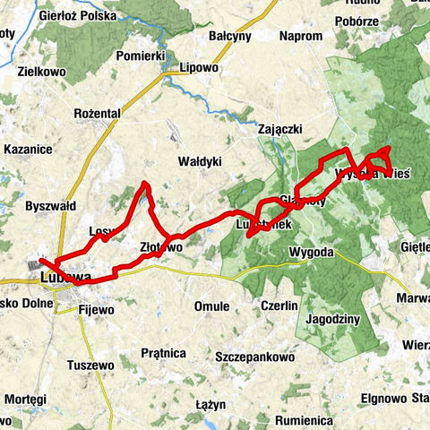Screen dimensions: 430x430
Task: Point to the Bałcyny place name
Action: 230,37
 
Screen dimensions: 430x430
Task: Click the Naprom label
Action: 300,36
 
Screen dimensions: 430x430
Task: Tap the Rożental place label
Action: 98,114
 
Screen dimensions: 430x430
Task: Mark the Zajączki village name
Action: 257,129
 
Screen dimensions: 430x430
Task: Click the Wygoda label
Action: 311,253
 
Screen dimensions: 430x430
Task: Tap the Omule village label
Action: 212,306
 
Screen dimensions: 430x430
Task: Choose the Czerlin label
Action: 279,306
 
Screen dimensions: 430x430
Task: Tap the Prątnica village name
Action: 162,353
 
